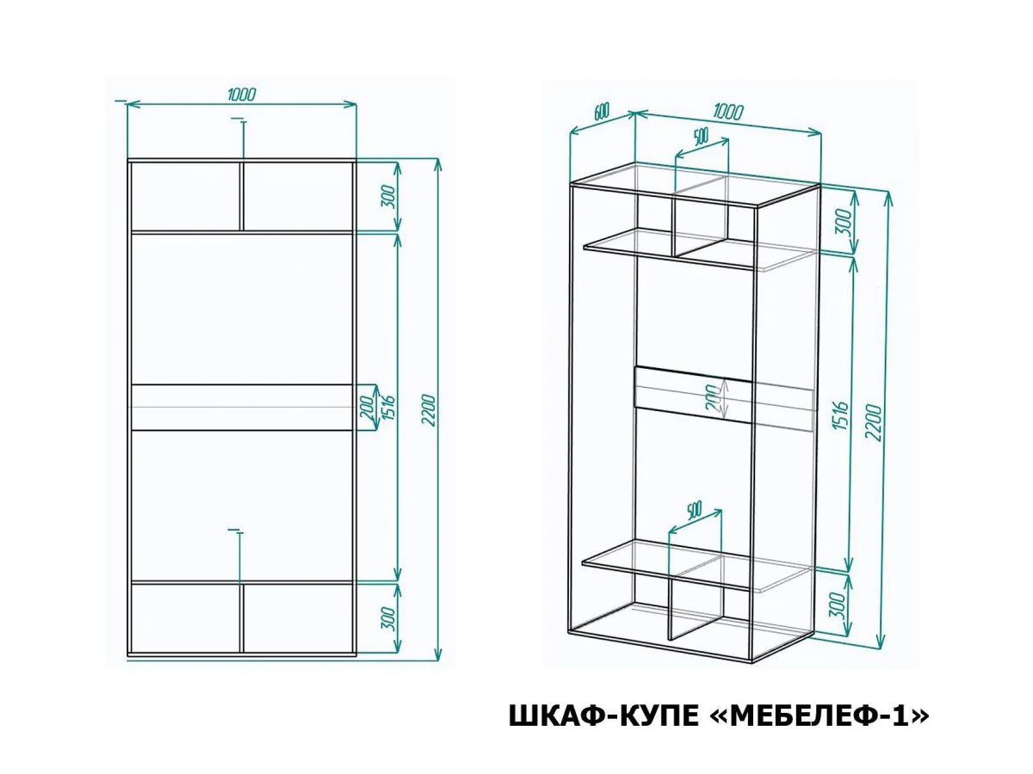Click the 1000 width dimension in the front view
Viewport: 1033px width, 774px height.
click(242, 95)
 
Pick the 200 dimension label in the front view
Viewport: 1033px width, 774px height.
click(368, 408)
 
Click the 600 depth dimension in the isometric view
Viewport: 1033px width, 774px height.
click(602, 112)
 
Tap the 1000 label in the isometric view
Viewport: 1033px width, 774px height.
click(728, 112)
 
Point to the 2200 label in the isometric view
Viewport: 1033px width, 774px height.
click(873, 421)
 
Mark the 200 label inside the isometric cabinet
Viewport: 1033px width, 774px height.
click(714, 398)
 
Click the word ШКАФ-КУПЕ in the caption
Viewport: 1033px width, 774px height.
click(603, 716)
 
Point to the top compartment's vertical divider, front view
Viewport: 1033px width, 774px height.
click(243, 196)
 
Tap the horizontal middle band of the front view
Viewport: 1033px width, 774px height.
click(241, 407)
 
